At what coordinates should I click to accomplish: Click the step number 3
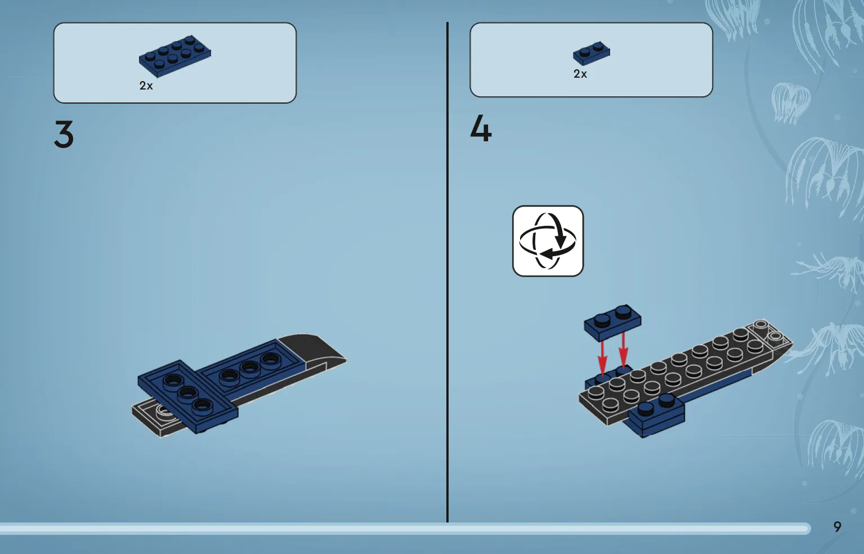pos(64,134)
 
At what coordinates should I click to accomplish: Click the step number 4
pos(481,128)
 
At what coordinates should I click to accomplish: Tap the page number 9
pos(837,526)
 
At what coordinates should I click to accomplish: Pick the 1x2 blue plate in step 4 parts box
pos(592,53)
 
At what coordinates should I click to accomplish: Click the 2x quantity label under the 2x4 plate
pos(146,86)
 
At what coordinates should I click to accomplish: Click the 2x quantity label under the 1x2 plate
pos(580,74)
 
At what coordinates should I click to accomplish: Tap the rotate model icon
pos(548,241)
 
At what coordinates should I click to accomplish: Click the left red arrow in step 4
pos(602,357)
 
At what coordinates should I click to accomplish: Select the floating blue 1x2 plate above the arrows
pos(612,323)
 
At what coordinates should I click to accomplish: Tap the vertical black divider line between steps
pos(447,272)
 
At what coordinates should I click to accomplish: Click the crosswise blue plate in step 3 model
pos(188,396)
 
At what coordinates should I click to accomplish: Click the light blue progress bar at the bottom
pos(405,528)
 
